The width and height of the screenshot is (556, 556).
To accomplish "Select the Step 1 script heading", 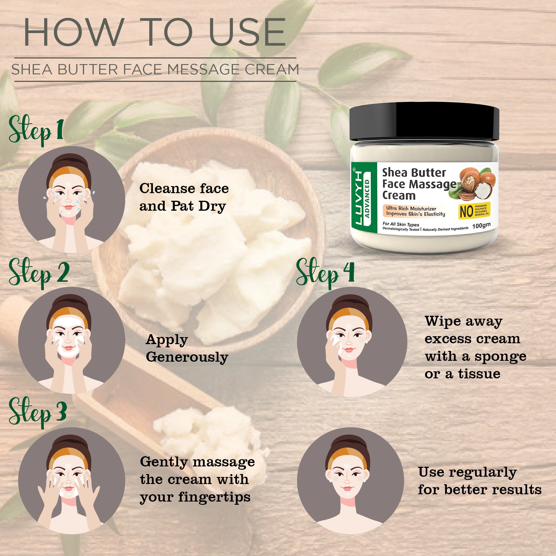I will click(x=36, y=130).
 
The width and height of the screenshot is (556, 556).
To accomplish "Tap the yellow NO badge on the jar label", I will click(x=474, y=211).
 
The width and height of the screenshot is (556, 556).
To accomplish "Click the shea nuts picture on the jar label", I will click(x=476, y=184).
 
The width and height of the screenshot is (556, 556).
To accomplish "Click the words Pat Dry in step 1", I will click(x=198, y=206).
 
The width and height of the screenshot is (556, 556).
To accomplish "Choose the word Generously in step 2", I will click(x=187, y=357).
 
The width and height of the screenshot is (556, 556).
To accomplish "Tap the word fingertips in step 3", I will click(x=214, y=497).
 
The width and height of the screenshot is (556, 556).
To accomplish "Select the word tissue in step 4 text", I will click(x=479, y=374).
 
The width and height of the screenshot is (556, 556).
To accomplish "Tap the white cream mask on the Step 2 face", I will click(x=68, y=325).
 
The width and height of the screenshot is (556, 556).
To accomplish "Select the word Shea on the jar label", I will click(x=394, y=173).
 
